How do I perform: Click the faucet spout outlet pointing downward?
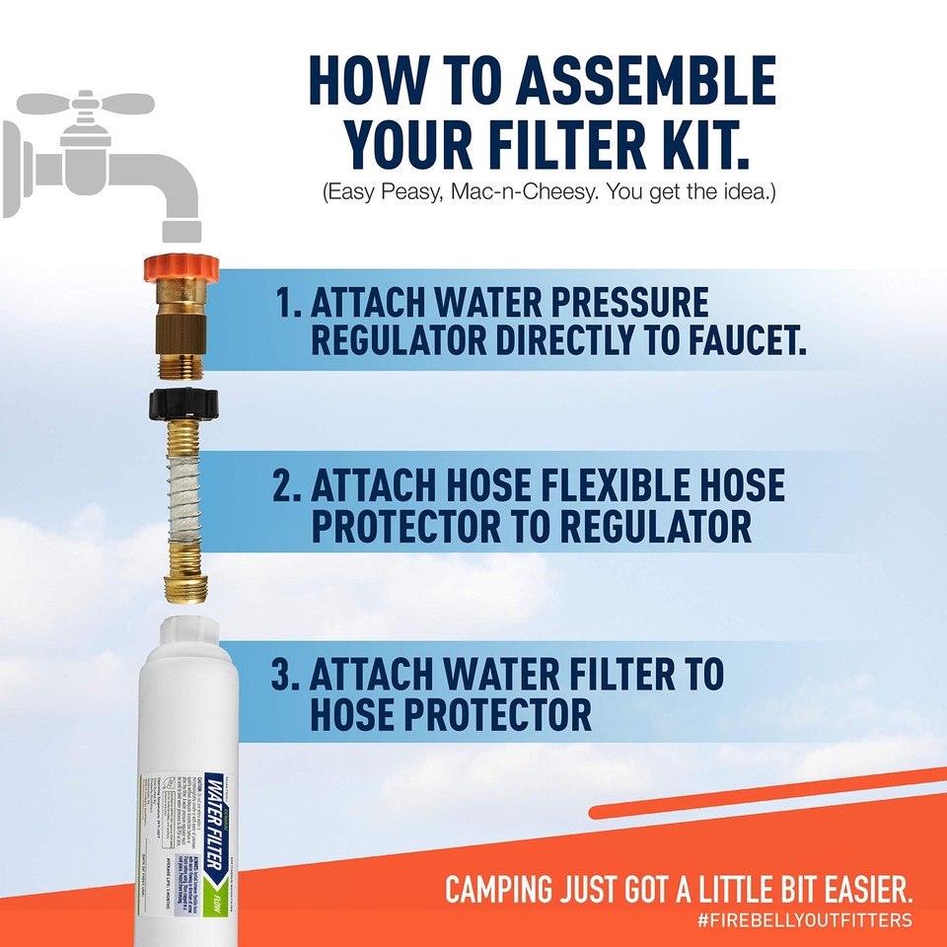tap(182, 229)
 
